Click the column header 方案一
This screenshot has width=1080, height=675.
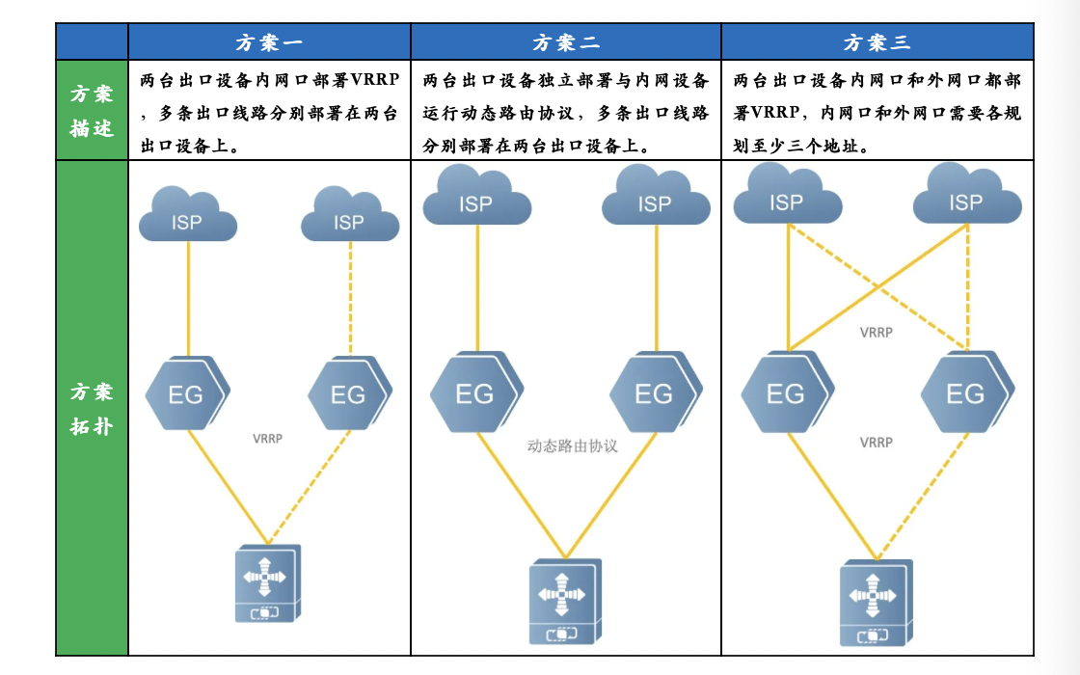[x=269, y=42]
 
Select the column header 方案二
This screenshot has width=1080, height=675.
[x=566, y=42]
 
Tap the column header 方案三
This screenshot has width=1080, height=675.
[x=877, y=42]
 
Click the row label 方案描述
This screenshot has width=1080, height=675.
[x=92, y=111]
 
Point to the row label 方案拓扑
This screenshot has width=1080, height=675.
[x=92, y=408]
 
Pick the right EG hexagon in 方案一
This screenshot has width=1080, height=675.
[x=349, y=393]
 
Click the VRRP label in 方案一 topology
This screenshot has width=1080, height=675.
[x=267, y=439]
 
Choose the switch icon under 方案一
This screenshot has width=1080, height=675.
[x=268, y=583]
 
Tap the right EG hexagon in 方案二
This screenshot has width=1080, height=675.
[x=655, y=393]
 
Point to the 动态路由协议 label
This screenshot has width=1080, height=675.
[x=572, y=446]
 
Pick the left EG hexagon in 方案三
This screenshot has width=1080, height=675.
[x=787, y=393]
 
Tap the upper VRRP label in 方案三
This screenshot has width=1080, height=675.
[x=876, y=333]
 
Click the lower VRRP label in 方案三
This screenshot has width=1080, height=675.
[x=876, y=443]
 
